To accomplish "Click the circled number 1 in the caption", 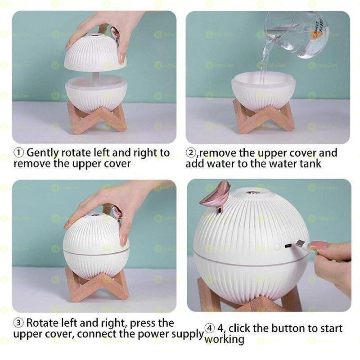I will coord(18,153).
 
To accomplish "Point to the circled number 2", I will coord(190,153).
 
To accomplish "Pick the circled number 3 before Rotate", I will coord(18,323).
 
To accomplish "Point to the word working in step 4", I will coord(225,339).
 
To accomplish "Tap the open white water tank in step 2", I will coord(263,90).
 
